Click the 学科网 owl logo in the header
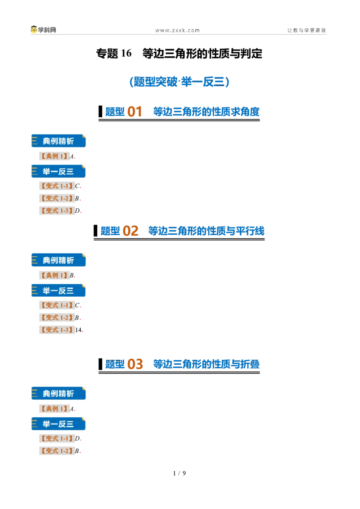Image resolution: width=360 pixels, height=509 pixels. [x=34, y=30]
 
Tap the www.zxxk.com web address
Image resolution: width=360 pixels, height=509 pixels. [x=177, y=31]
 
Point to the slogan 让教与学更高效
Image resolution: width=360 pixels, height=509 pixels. [x=306, y=30]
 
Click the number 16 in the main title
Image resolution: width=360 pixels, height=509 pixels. [x=126, y=53]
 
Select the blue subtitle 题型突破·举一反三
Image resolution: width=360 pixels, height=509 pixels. [x=180, y=81]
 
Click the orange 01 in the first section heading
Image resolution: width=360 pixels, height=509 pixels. [x=135, y=112]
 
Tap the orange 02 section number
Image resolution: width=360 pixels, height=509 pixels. [x=130, y=231]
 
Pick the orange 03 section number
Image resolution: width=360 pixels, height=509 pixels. [x=135, y=364]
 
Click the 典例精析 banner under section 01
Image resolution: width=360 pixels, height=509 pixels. [x=58, y=141]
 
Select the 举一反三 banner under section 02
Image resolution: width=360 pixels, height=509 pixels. [x=58, y=290]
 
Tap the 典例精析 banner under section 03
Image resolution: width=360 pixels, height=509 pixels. [x=58, y=393]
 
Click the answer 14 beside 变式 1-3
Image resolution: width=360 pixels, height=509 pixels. [x=78, y=330]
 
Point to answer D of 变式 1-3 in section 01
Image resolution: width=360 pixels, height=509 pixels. [x=77, y=211]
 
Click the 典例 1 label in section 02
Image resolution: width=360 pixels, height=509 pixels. [x=54, y=275]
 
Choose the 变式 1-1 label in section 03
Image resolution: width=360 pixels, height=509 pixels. [x=57, y=438]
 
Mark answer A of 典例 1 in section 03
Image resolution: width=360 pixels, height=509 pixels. [x=72, y=409]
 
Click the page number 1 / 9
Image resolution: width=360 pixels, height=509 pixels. [x=180, y=473]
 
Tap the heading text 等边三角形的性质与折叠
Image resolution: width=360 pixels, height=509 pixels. [x=206, y=364]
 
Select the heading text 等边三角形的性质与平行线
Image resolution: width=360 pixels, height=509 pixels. [x=206, y=231]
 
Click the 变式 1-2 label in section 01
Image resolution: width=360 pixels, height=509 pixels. [x=57, y=198]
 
